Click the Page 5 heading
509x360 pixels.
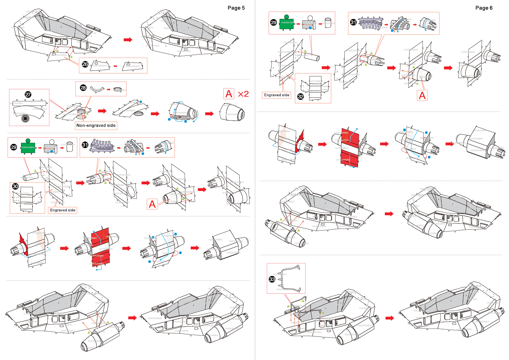[236, 8]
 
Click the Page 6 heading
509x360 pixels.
[484, 8]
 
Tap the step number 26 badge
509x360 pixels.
[85, 64]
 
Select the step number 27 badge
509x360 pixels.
[28, 95]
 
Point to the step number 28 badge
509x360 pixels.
[83, 88]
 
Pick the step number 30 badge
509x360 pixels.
[15, 186]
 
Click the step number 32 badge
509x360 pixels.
[300, 96]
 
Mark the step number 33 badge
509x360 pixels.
[272, 279]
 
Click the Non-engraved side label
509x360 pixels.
[96, 126]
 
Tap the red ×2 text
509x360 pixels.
[243, 94]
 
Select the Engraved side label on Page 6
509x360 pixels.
[277, 95]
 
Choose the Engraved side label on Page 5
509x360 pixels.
[63, 210]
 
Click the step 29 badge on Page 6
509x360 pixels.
[274, 22]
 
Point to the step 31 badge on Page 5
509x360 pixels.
[85, 145]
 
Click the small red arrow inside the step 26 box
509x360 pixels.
[115, 66]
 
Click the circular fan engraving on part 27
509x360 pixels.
[25, 118]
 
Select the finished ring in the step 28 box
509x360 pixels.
[117, 89]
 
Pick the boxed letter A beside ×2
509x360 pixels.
[229, 94]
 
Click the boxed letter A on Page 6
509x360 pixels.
[422, 96]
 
